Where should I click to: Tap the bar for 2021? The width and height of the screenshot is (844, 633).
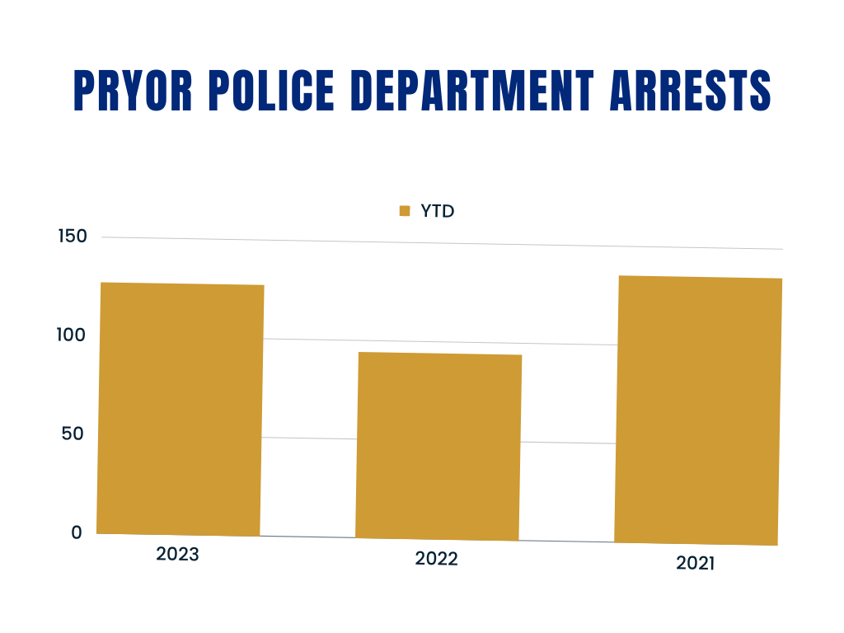pyautogui.click(x=698, y=410)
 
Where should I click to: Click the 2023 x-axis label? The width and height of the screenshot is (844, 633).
pyautogui.click(x=177, y=555)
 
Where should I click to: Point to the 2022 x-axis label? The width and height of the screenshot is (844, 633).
pyautogui.click(x=436, y=559)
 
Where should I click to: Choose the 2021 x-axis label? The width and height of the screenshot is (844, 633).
pyautogui.click(x=696, y=564)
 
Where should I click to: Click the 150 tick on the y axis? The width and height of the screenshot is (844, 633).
pyautogui.click(x=72, y=237)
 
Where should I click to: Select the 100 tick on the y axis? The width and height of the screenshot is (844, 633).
pyautogui.click(x=72, y=335)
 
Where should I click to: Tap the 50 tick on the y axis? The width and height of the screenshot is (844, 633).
pyautogui.click(x=72, y=434)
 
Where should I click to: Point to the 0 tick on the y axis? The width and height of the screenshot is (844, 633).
pyautogui.click(x=77, y=532)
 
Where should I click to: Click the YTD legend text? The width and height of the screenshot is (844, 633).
pyautogui.click(x=438, y=211)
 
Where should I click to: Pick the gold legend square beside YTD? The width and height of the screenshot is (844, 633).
pyautogui.click(x=404, y=211)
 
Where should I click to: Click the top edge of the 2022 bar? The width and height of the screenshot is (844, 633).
pyautogui.click(x=439, y=354)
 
